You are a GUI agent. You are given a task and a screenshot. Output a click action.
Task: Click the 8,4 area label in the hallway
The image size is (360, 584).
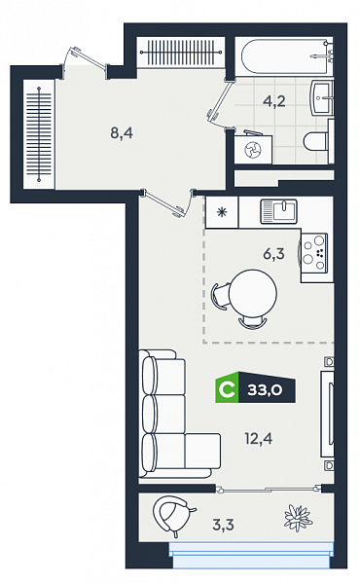[x=122, y=132]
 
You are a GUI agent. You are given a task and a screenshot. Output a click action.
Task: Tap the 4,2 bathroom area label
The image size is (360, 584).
[x=274, y=101]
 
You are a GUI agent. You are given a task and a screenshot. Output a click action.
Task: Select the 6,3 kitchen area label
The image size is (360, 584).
[x=273, y=254]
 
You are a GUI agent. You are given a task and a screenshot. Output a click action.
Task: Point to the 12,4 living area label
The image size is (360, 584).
[x=259, y=439]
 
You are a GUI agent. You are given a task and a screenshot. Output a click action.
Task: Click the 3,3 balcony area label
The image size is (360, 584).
[x=223, y=525]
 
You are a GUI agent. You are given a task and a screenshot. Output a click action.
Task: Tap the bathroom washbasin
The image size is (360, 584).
[x=322, y=98]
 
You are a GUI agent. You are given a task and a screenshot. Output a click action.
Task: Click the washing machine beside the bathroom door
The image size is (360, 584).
[x=253, y=149]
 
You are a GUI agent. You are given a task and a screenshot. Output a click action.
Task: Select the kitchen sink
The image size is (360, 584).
[x=279, y=211]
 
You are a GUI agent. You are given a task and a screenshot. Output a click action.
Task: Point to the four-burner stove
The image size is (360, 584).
[x=314, y=252]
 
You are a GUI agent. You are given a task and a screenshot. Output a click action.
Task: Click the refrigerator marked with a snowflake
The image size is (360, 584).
[x=222, y=212]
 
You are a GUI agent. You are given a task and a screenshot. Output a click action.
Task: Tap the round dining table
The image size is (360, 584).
[x=253, y=293]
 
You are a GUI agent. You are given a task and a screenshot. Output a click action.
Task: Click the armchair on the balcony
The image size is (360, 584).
[x=172, y=515]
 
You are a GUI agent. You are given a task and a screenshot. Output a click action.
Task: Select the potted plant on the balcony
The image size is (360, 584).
[x=298, y=518]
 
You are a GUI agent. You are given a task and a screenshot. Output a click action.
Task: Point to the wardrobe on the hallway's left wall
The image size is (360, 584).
[x=39, y=134]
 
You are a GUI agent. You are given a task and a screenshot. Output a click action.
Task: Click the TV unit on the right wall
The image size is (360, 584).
[x=327, y=414]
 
